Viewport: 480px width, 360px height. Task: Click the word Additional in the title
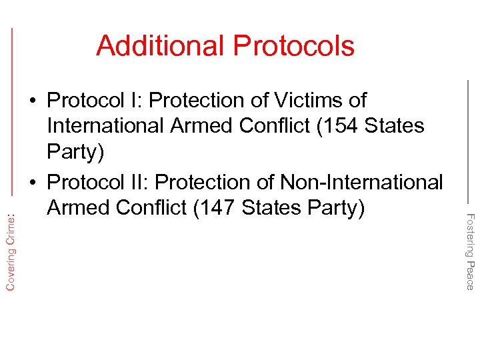(161, 46)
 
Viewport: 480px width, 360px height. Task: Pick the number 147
(217, 208)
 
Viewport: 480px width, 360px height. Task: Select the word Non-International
(361, 181)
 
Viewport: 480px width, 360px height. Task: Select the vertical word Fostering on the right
(469, 234)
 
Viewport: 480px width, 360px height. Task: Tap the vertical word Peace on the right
(469, 275)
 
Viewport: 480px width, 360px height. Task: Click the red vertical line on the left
(13, 120)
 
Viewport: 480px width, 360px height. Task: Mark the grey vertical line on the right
(469, 140)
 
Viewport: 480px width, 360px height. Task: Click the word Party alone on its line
(75, 153)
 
